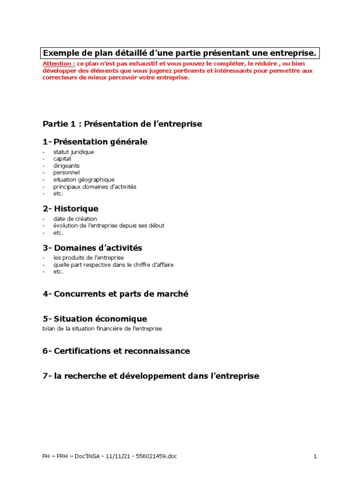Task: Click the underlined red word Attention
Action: pos(59,64)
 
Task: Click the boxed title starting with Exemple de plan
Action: pos(180,54)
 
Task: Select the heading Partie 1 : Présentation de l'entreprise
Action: pos(122,124)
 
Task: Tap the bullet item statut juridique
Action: pos(74,152)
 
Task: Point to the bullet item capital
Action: pos(62,159)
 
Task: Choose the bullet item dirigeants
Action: pos(67,166)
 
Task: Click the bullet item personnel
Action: pos(67,172)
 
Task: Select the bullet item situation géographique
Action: pos(84,180)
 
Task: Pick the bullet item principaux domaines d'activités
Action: pos(95,187)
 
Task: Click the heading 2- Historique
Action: pos(70,209)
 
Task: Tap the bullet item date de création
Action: pos(75,219)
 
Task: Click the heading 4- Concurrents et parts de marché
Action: pos(115,294)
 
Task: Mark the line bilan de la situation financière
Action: pos(102,329)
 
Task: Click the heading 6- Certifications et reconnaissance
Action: pos(116,351)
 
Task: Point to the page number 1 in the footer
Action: pos(315,456)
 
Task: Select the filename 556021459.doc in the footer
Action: pos(157,456)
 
